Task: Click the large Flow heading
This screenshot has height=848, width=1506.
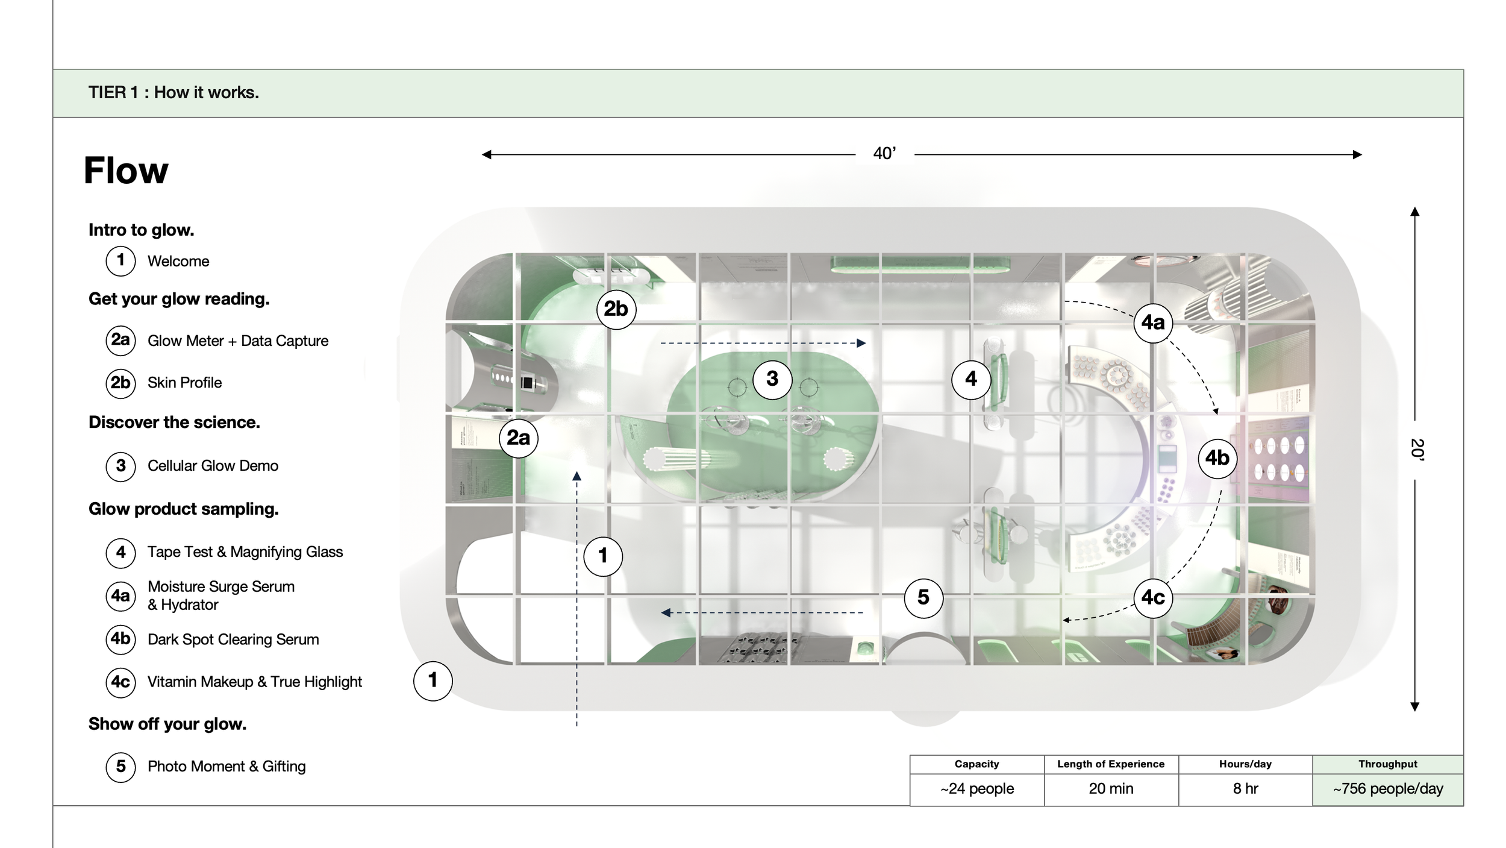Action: tap(126, 171)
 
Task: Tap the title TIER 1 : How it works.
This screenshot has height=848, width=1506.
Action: tap(173, 93)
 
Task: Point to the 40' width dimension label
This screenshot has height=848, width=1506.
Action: tap(884, 154)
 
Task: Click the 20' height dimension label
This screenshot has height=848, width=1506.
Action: tap(1417, 450)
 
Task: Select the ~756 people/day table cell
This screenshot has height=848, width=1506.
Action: tap(1388, 789)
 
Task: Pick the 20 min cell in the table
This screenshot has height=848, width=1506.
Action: tap(1111, 789)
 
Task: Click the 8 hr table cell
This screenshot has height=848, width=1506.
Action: tap(1245, 789)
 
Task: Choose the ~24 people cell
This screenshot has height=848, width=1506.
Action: tap(977, 789)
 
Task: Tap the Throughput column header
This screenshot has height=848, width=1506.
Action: tap(1388, 764)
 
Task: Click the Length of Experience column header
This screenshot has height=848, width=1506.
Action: tap(1111, 764)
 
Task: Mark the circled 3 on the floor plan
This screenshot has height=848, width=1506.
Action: tap(772, 379)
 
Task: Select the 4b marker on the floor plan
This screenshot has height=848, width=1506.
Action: tap(1217, 459)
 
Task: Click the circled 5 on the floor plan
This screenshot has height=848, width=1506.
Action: tap(923, 598)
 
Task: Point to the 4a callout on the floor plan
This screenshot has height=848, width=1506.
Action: tap(1153, 323)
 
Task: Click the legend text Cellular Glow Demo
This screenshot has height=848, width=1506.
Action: tap(213, 466)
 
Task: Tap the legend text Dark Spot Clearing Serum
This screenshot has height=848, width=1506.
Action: tap(233, 639)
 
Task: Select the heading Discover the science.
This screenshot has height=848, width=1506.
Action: tap(174, 422)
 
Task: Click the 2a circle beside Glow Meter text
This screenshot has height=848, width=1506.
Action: tap(120, 341)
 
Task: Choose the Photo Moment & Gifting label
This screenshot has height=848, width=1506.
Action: tap(227, 767)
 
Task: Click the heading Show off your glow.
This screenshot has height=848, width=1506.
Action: tap(167, 724)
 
